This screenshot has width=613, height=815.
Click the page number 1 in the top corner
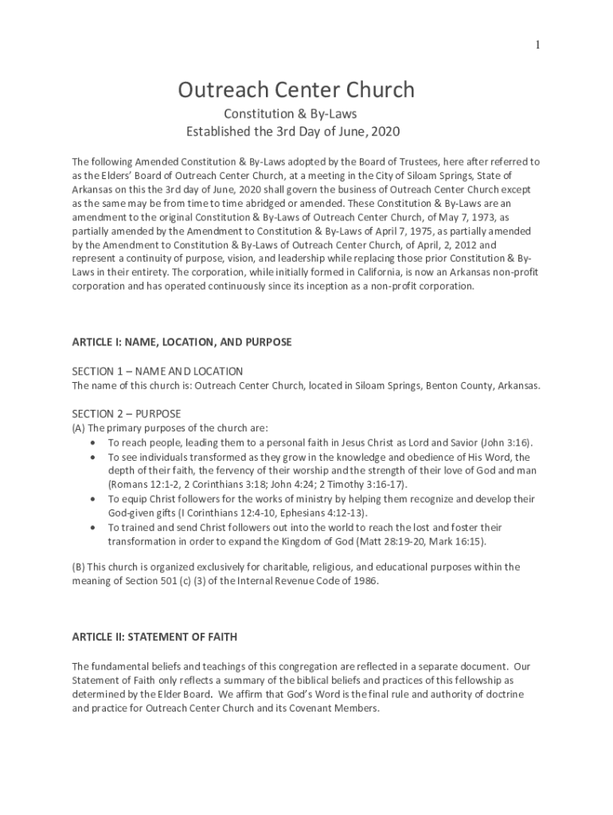click(x=537, y=45)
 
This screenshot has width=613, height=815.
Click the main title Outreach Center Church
click(x=296, y=90)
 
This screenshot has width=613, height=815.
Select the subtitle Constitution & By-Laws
click(x=295, y=115)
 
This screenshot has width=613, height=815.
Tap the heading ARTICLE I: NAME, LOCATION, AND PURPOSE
click(x=182, y=342)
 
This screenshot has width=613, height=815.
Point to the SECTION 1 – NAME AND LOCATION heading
click(x=158, y=372)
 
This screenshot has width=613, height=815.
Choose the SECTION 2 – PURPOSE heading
click(x=127, y=414)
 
